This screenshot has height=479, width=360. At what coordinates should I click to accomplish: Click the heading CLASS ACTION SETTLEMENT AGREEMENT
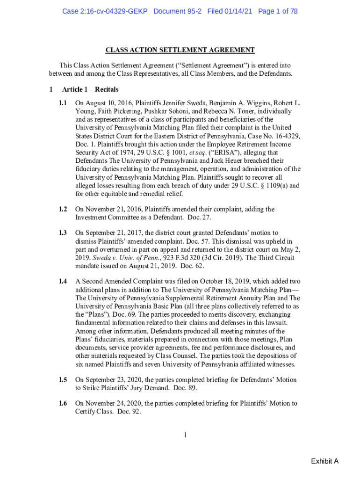point(180,50)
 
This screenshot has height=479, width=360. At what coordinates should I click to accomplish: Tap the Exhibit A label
point(324,462)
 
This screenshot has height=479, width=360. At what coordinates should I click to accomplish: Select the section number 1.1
point(63,103)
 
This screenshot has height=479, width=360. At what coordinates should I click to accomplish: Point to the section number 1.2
point(63,209)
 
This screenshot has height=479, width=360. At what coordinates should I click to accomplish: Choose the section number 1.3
point(63,232)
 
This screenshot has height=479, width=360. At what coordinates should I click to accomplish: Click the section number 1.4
point(63,281)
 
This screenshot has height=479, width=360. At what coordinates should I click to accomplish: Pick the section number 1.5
point(63,379)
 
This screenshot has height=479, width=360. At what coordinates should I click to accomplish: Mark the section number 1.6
point(63,403)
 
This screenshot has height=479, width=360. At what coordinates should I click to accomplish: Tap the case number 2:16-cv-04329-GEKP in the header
point(106,11)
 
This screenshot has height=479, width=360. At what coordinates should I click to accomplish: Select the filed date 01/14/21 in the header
point(238,11)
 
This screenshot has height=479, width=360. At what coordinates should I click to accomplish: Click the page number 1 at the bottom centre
point(185,435)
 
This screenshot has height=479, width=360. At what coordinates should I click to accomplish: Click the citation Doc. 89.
point(185,388)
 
